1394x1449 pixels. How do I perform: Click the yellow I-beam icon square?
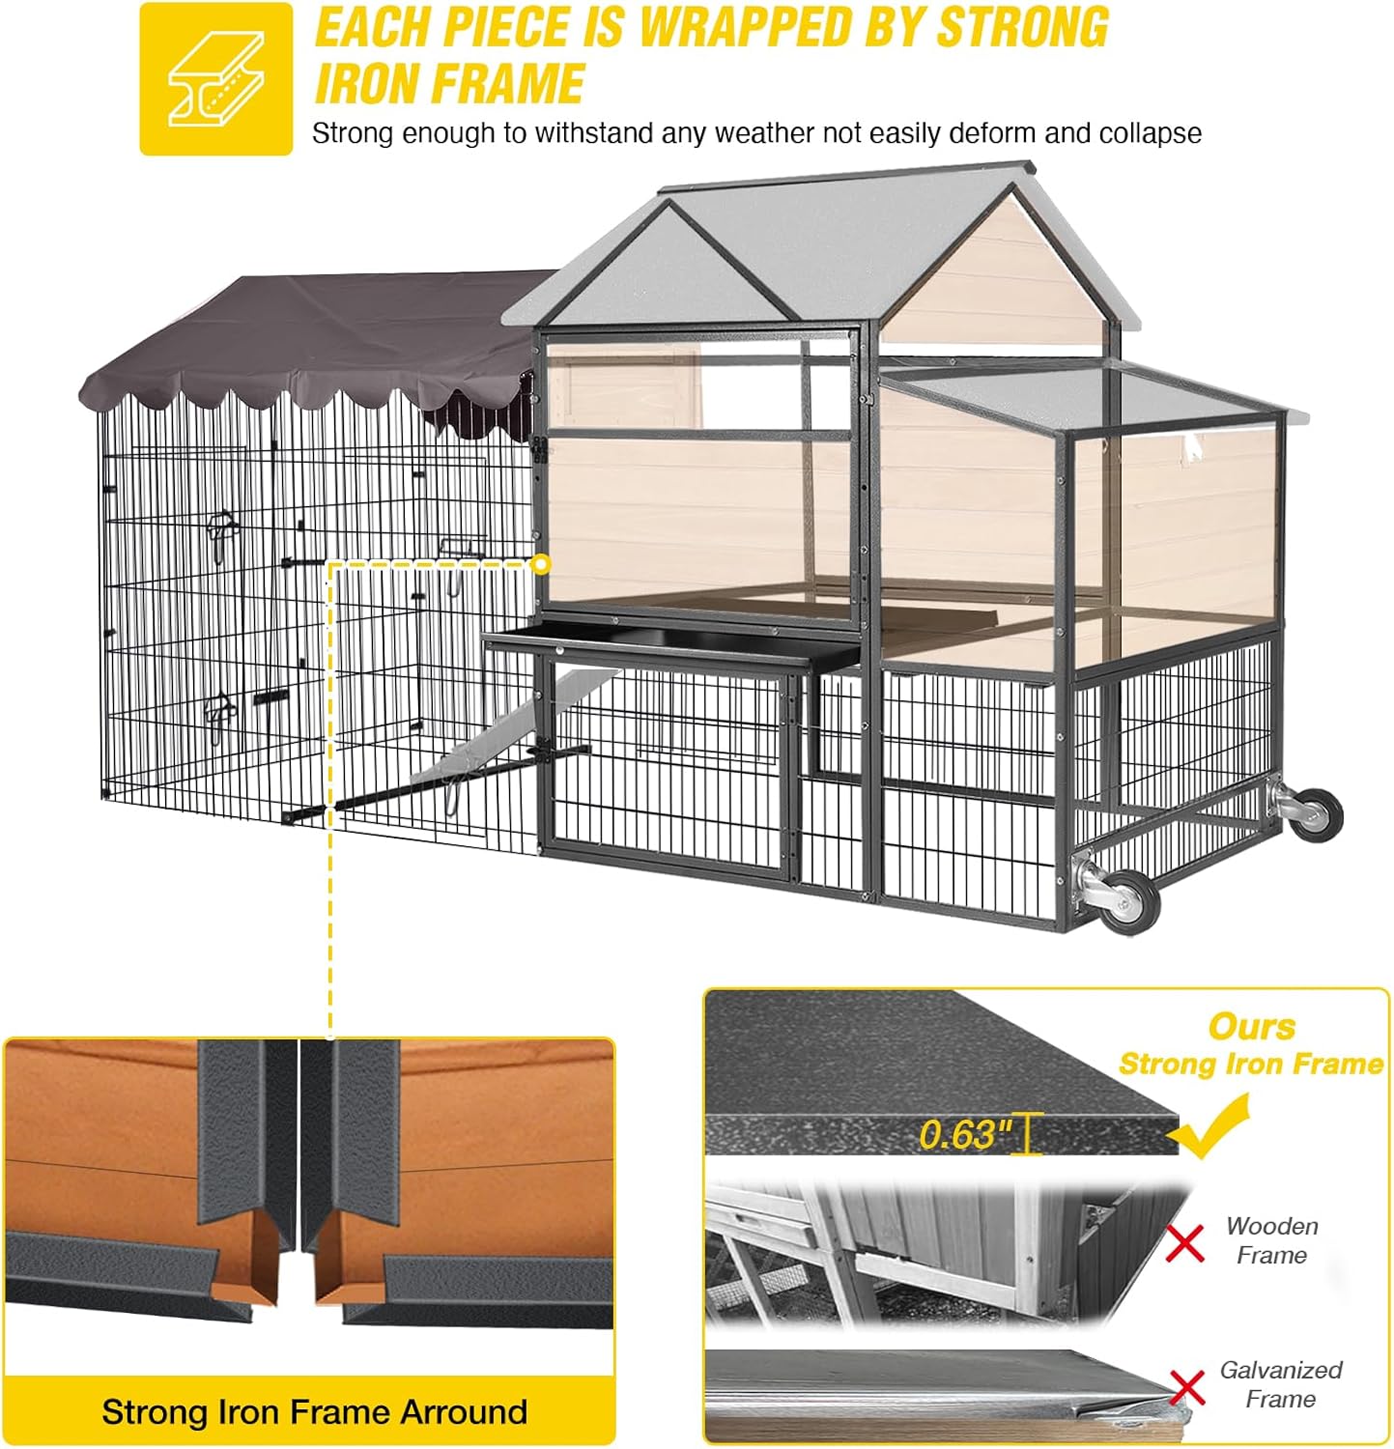tap(215, 78)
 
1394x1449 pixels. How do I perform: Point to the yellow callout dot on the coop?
tap(542, 563)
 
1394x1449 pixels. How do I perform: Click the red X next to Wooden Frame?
tap(1185, 1242)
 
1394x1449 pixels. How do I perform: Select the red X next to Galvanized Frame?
tap(1187, 1387)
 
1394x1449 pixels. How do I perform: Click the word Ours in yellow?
tap(1252, 1026)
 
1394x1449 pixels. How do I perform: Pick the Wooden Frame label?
tap(1272, 1240)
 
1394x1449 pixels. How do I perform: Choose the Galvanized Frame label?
tap(1281, 1384)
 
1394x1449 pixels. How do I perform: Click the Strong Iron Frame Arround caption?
tap(315, 1411)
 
